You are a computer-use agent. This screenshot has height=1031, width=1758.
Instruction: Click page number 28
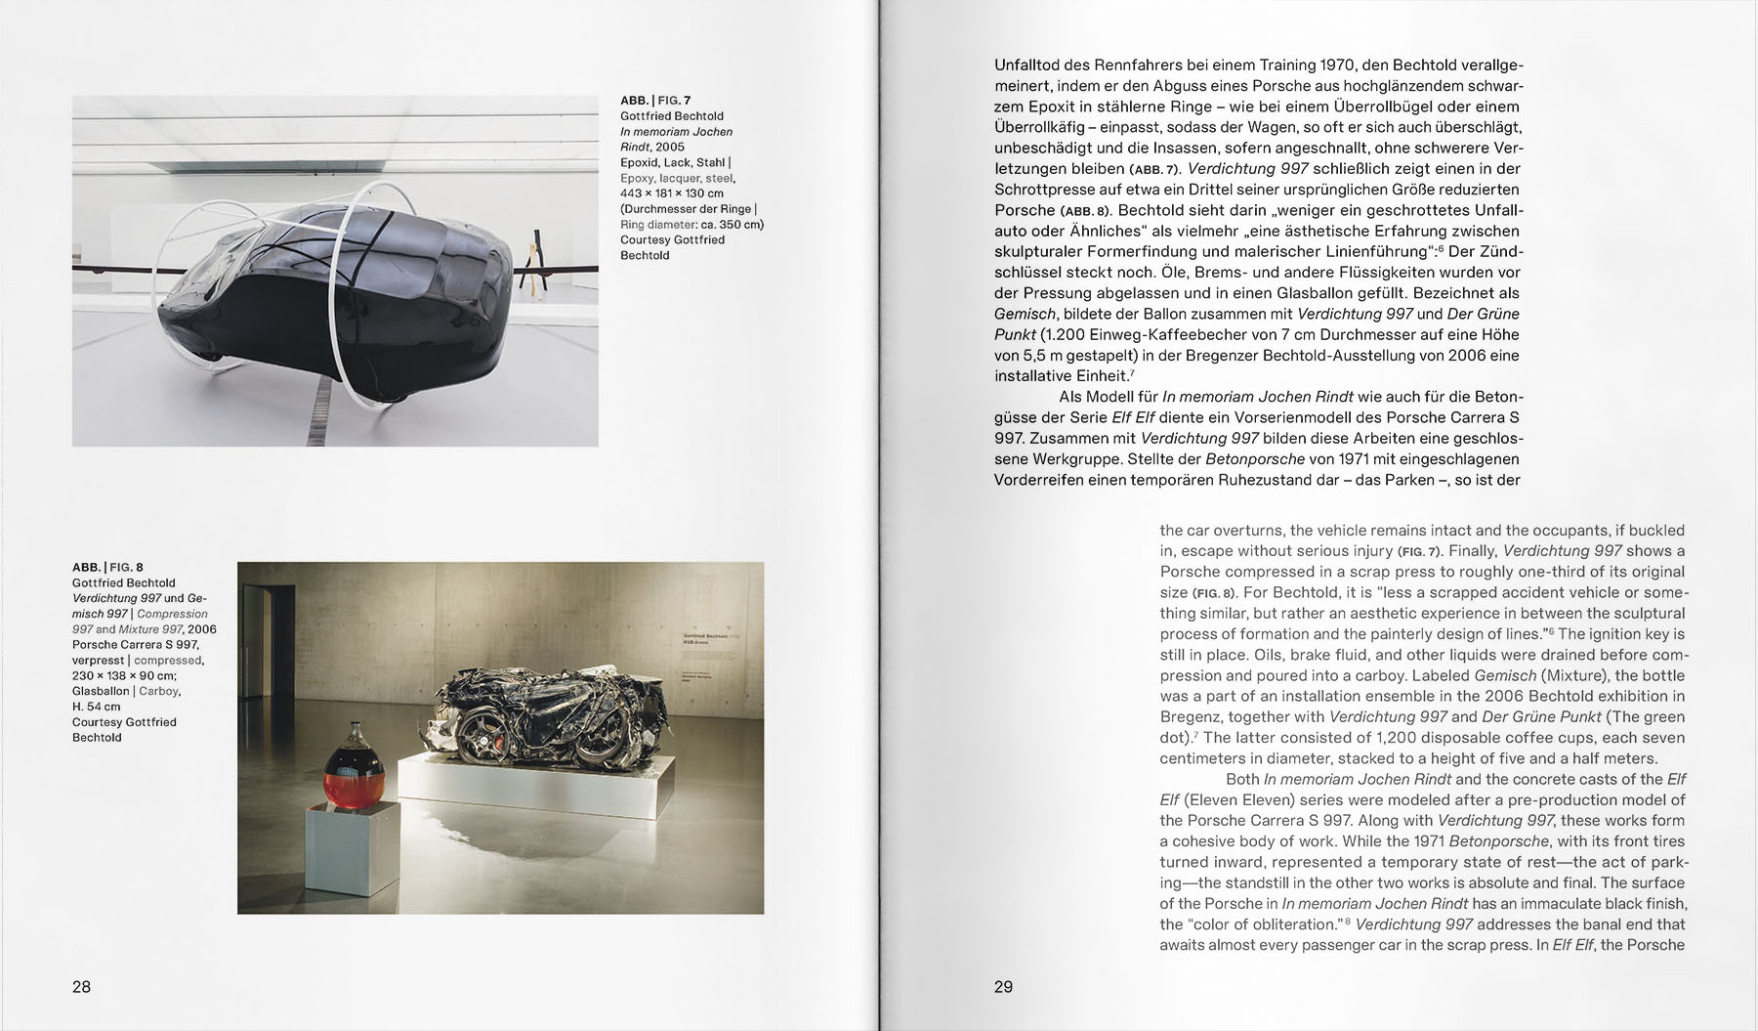81,987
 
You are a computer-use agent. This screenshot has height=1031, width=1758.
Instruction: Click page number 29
1003,987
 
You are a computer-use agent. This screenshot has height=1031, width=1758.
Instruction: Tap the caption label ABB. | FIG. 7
655,101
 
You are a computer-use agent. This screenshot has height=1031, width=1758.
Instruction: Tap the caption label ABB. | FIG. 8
107,567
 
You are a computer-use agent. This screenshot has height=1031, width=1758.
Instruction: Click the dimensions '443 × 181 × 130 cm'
672,193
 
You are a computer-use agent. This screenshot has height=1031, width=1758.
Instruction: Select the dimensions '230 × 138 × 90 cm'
124,675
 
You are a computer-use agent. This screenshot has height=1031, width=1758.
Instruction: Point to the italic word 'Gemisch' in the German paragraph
1025,314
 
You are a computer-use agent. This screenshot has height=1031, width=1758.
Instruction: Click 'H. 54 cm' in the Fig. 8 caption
97,707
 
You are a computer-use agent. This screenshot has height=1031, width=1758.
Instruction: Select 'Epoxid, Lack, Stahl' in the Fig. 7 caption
674,162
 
